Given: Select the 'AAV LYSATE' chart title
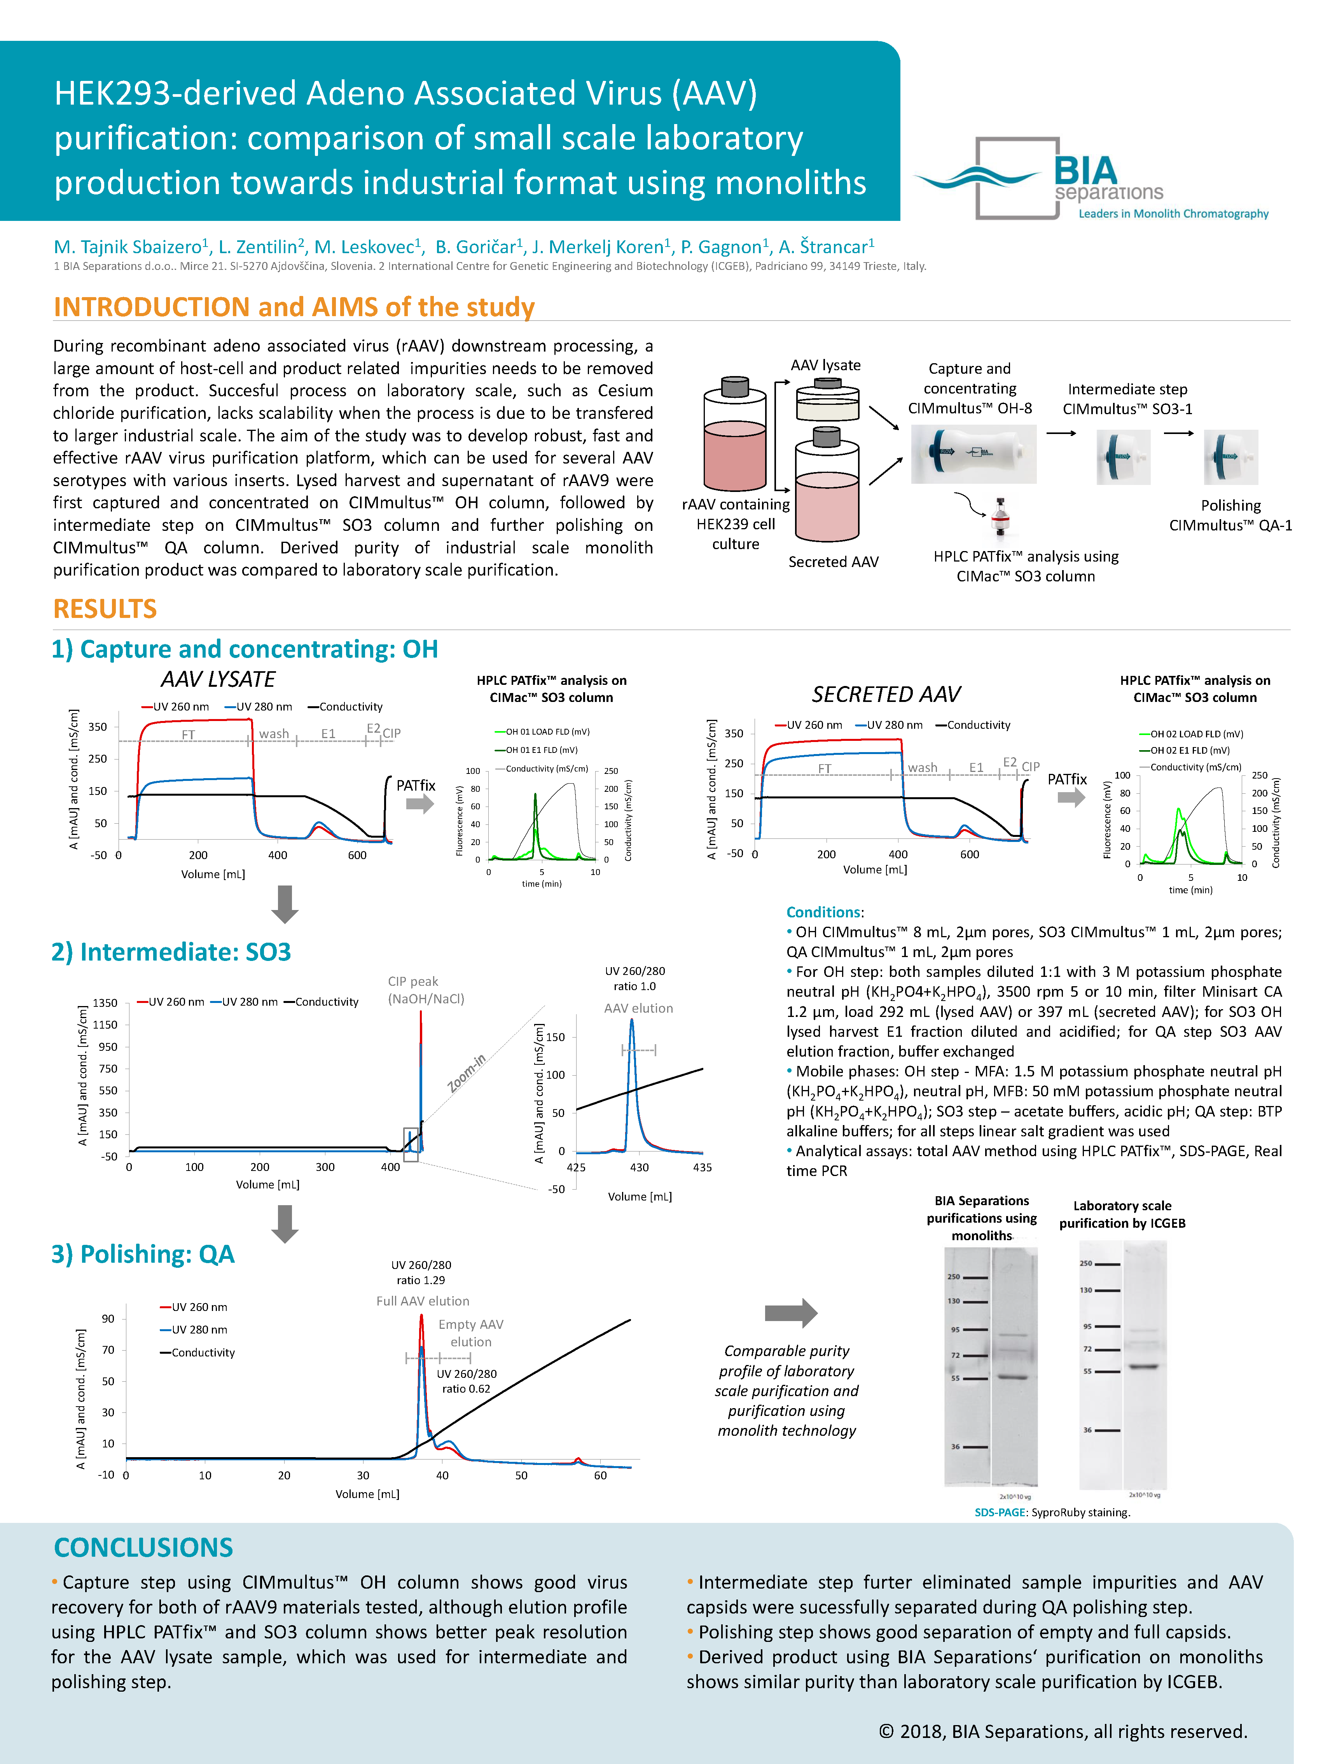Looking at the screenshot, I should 218,679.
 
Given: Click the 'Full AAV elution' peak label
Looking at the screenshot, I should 423,1301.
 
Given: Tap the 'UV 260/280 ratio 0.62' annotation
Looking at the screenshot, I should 467,1381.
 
